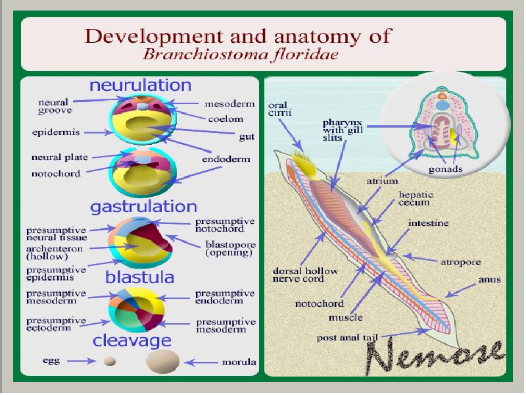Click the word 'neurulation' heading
[140, 86]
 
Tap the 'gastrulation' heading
[144, 207]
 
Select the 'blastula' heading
[139, 275]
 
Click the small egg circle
[110, 361]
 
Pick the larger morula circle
[162, 361]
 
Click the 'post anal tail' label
[348, 338]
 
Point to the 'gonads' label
[445, 169]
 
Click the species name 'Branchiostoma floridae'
[241, 54]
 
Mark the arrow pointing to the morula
[201, 362]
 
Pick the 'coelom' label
[226, 119]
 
